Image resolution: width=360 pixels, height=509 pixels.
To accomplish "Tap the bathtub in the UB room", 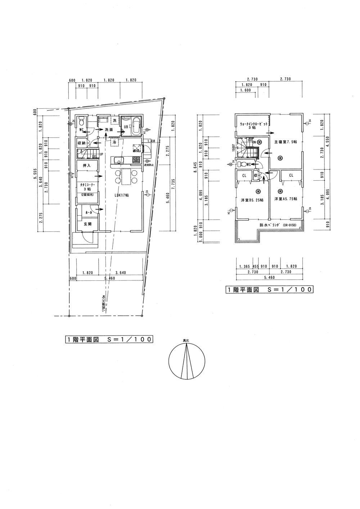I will [136, 126].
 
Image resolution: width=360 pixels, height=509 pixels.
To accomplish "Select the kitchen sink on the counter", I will [119, 160].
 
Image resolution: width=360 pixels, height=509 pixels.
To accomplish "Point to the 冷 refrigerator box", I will [114, 143].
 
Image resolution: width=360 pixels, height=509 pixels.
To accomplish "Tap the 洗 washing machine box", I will [115, 120].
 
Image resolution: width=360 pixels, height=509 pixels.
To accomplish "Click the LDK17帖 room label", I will [122, 195].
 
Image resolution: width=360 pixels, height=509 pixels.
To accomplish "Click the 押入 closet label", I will [86, 166].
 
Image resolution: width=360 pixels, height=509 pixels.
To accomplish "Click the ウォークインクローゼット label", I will [254, 125].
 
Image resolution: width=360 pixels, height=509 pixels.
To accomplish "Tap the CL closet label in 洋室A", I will [291, 175].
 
